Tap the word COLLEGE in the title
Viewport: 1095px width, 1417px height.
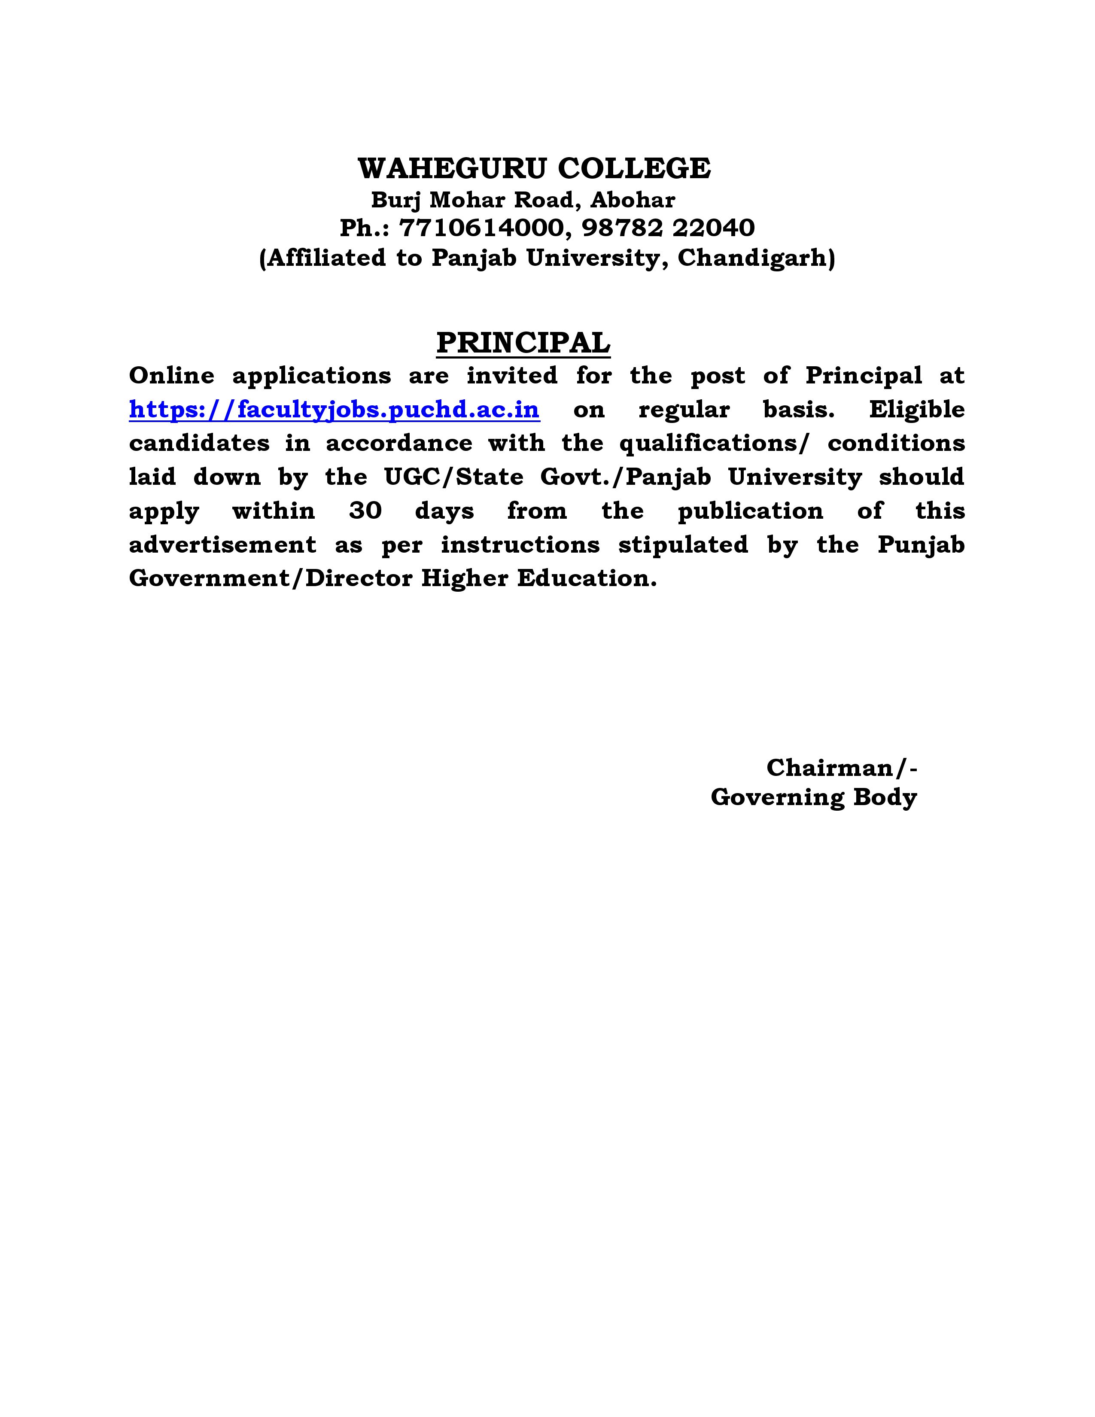(x=634, y=169)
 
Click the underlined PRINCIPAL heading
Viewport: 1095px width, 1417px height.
(x=523, y=343)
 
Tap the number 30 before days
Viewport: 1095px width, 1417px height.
(x=365, y=511)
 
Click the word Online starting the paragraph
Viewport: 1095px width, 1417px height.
(x=171, y=376)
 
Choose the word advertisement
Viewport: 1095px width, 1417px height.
(x=222, y=545)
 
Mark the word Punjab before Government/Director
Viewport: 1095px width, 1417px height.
(x=921, y=545)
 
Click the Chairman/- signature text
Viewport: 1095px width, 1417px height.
(x=841, y=768)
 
